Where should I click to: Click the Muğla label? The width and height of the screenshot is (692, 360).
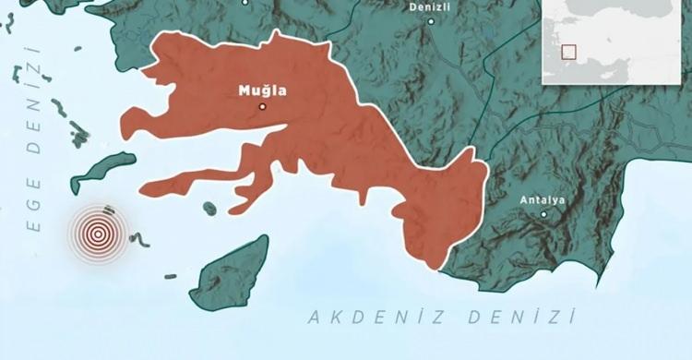[x=262, y=90]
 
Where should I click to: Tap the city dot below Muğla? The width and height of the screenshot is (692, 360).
[x=262, y=107]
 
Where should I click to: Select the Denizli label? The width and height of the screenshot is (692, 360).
[x=430, y=6]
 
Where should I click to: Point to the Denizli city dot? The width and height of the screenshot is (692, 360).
[x=430, y=20]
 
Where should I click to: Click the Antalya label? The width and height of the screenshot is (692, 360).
[x=543, y=199]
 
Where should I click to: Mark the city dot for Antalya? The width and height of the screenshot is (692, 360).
[x=543, y=214]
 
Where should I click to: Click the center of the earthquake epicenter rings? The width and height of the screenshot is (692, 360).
[x=98, y=234]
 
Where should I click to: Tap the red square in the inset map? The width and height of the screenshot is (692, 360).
[x=569, y=52]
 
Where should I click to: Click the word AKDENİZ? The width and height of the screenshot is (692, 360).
[x=369, y=318]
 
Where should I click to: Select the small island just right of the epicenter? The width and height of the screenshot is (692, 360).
[x=140, y=240]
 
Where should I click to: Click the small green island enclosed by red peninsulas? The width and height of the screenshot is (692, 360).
[x=210, y=208]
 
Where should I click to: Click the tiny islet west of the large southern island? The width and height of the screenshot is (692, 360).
[x=171, y=275]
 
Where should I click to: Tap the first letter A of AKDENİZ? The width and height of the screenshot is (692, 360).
[x=313, y=318]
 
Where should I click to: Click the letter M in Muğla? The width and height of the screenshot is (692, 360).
[x=243, y=90]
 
